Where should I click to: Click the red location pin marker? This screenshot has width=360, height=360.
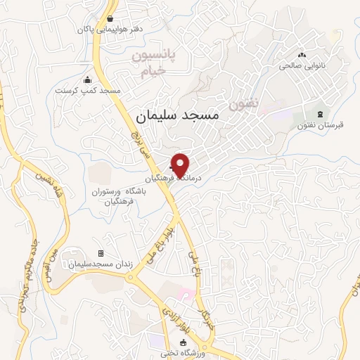[x=180, y=165]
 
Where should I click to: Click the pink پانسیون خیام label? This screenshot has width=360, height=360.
[x=157, y=63]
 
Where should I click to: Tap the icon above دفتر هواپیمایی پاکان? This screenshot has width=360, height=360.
[x=111, y=19]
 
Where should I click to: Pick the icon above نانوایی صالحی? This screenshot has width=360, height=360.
[x=303, y=55]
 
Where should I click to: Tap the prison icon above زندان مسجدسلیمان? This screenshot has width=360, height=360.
[x=100, y=253]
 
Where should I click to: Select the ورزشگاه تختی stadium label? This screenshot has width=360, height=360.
[x=184, y=353]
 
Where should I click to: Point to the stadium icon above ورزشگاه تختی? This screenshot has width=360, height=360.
[x=184, y=342]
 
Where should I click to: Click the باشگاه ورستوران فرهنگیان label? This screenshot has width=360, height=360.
[x=113, y=196]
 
